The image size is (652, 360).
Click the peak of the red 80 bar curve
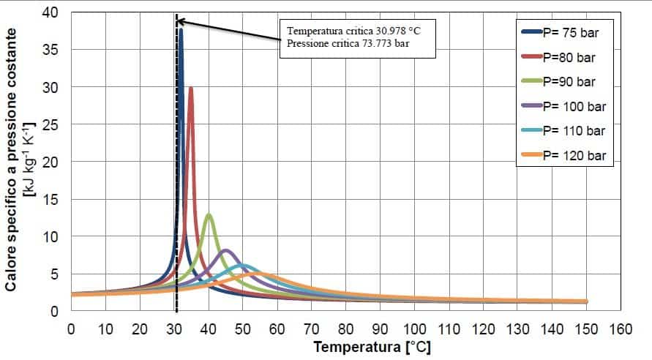[x=191, y=88]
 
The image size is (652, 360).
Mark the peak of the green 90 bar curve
[x=209, y=214]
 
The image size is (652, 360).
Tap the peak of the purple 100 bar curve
[x=226, y=251]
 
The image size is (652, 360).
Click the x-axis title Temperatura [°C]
[x=372, y=347]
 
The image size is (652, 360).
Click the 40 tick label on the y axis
[x=54, y=12]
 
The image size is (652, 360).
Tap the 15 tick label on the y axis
[x=54, y=200]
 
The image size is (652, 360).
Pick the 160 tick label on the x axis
[x=619, y=329]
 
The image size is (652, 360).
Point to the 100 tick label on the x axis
[x=413, y=329]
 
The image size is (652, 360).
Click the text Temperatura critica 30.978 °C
[x=353, y=31]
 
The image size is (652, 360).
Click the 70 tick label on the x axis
[x=311, y=329]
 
